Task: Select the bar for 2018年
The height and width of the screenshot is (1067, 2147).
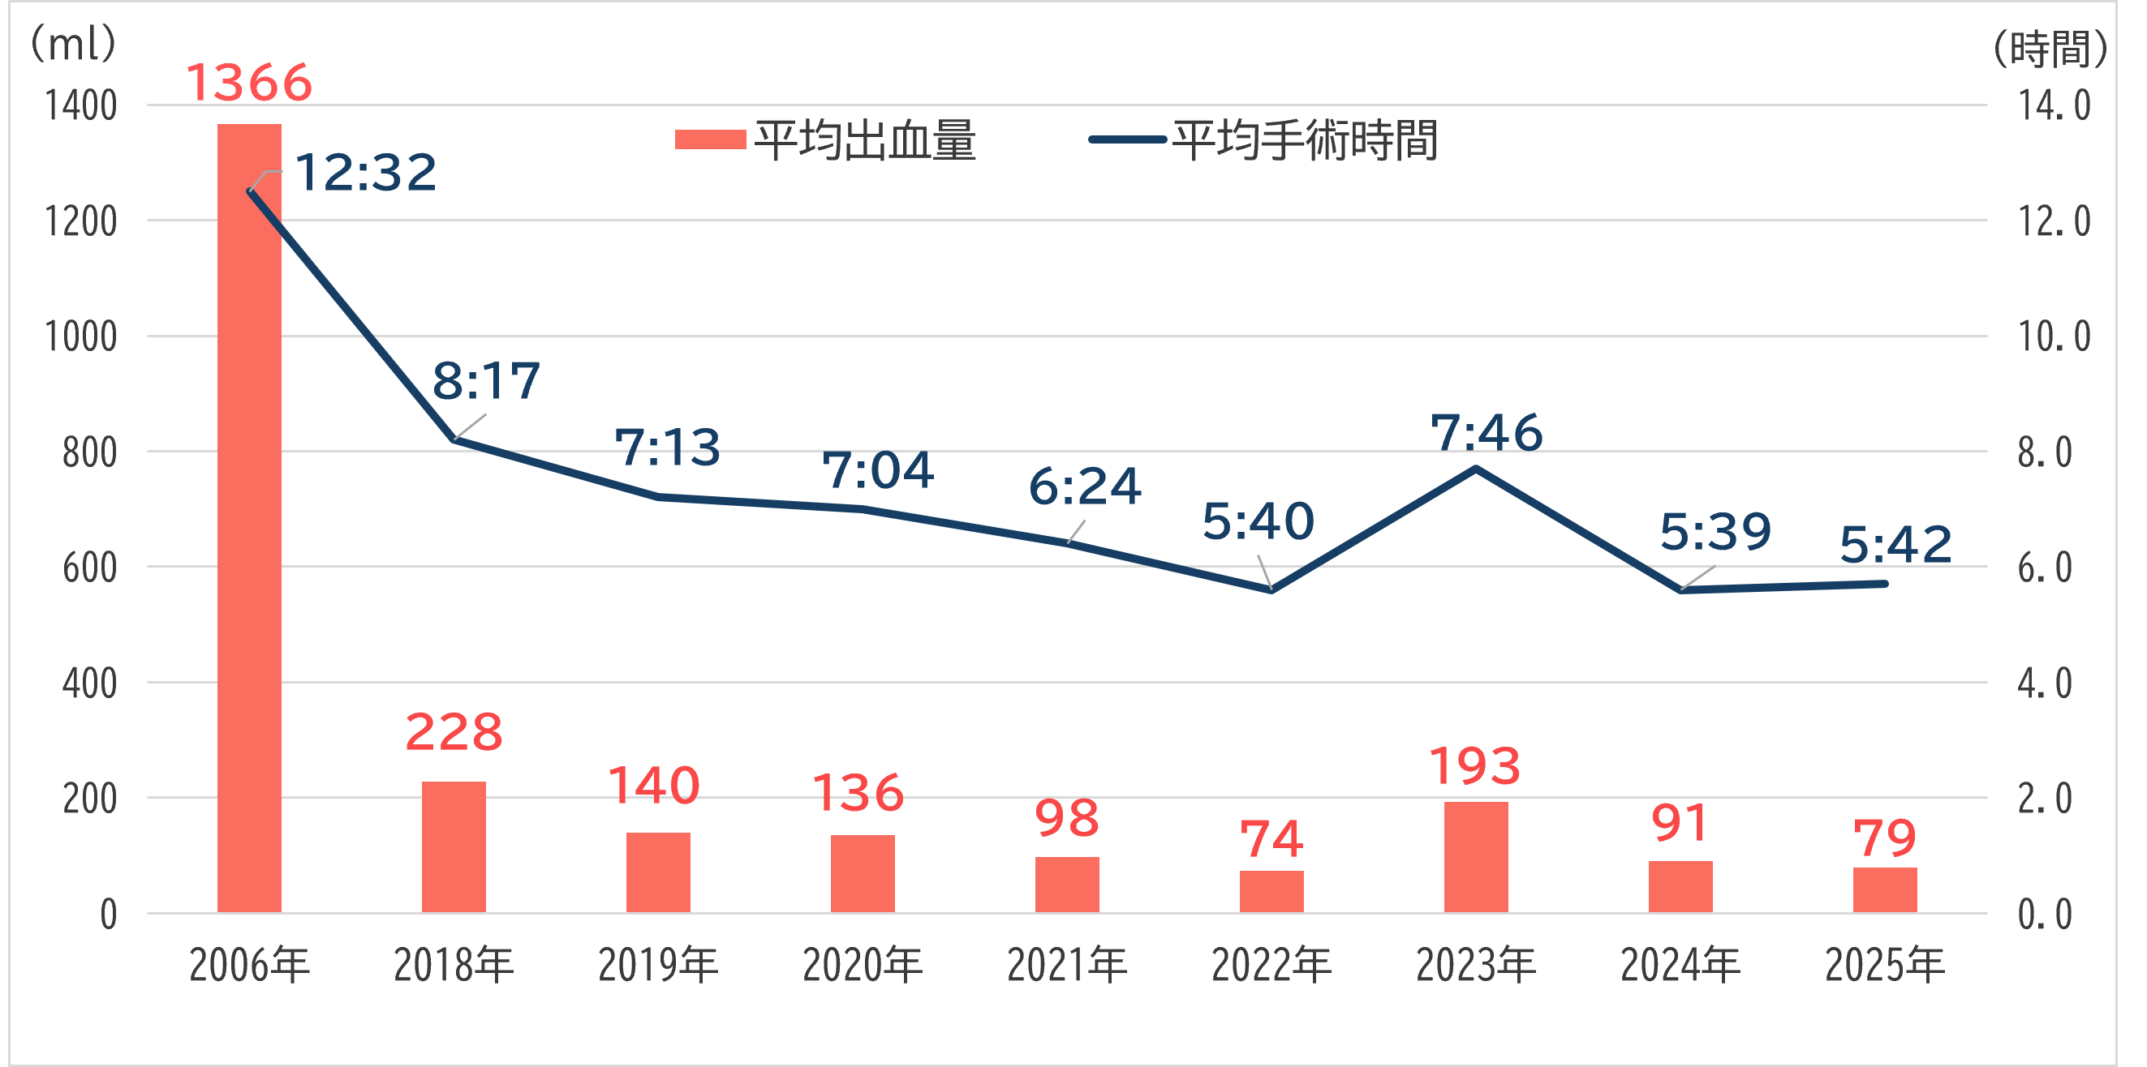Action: point(454,846)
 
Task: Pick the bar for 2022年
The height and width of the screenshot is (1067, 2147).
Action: point(1271,891)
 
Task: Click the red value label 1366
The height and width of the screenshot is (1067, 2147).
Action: point(248,84)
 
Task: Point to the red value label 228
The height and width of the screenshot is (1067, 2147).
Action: point(454,732)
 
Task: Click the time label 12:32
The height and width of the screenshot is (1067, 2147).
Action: point(365,173)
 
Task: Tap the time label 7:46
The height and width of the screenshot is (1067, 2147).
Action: point(1486,433)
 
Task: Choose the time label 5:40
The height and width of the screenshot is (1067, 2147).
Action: point(1258,521)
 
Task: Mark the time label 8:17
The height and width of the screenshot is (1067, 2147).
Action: point(486,382)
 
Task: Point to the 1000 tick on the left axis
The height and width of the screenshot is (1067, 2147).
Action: point(80,337)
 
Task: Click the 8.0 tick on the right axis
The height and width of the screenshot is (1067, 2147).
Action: point(2045,453)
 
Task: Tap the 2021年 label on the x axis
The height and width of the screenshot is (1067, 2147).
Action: point(1067,966)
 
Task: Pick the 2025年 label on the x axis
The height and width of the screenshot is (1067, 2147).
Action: point(1884,966)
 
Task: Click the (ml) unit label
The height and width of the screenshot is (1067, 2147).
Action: point(73,43)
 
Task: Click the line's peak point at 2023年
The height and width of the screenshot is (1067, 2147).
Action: point(1475,469)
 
